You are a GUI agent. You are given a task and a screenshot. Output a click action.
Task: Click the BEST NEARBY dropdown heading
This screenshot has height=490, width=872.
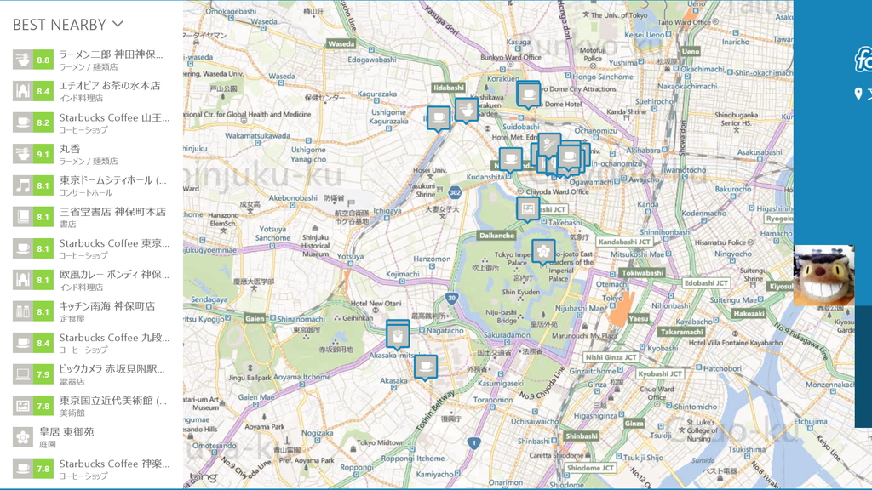click(68, 25)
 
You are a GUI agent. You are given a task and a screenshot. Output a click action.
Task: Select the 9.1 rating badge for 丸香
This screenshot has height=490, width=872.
click(43, 154)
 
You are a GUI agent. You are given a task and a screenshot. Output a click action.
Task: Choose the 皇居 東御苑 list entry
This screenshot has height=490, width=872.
click(77, 436)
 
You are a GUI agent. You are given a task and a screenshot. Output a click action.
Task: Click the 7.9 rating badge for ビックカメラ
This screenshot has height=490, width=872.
click(43, 374)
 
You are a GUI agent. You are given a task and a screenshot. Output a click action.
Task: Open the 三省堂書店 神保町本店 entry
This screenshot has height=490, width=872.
click(112, 217)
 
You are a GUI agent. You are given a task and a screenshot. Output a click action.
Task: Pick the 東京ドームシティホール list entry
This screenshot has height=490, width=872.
click(112, 185)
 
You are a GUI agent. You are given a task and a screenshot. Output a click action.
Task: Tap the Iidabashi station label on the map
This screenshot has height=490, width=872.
click(448, 88)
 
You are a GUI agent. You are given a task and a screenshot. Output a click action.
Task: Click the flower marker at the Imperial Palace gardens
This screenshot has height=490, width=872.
click(543, 251)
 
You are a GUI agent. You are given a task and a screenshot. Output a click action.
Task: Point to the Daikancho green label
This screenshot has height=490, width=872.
click(496, 235)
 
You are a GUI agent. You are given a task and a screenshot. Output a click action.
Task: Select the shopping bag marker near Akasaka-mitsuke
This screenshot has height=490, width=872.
click(397, 334)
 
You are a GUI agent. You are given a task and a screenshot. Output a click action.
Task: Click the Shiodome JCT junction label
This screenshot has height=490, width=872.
click(589, 468)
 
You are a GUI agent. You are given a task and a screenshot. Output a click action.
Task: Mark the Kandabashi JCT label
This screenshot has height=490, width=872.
click(624, 242)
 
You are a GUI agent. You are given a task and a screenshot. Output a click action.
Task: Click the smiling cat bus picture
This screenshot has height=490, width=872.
click(823, 276)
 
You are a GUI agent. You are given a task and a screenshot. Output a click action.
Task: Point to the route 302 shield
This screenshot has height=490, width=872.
click(456, 193)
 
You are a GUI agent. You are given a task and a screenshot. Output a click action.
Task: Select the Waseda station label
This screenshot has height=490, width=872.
click(341, 43)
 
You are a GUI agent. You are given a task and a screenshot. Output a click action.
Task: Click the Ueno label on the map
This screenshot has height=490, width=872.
click(690, 51)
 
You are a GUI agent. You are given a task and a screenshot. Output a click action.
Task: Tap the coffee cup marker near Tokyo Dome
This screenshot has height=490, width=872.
click(528, 94)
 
